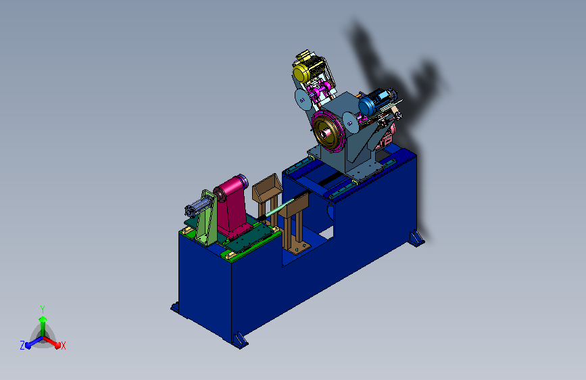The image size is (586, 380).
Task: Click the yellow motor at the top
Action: pos(309,68)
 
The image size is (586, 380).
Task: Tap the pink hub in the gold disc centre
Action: pos(326,132)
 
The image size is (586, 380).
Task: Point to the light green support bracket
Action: pos(207,218)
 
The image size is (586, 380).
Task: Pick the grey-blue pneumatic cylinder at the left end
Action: pos(197,206)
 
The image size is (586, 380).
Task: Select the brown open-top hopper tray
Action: pos(266,187)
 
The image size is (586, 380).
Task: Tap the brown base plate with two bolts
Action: pos(299,247)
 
